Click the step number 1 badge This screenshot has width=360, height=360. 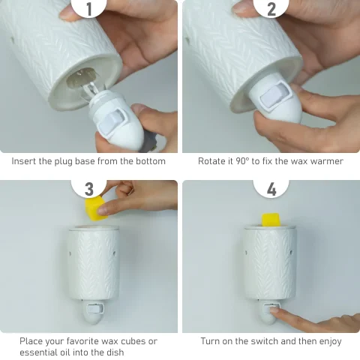point(89,8)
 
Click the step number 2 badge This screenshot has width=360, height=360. point(271,8)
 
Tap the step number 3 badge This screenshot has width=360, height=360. point(89,188)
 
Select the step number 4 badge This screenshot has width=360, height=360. point(271,188)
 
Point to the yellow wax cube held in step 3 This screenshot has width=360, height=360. point(95,208)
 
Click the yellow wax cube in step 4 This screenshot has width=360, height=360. point(271,220)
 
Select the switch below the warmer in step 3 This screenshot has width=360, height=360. point(93,308)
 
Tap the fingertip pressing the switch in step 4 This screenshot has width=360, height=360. point(276,310)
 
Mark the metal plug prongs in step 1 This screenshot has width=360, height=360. point(149,142)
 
